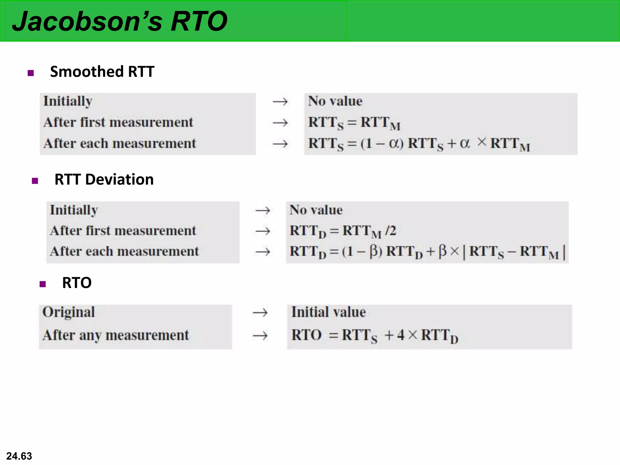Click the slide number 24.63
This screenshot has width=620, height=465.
click(x=19, y=456)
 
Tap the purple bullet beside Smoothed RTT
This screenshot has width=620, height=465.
click(x=31, y=73)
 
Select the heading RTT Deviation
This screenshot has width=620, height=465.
click(x=104, y=179)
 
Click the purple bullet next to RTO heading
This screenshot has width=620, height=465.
click(x=43, y=284)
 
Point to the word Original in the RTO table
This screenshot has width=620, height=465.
click(x=69, y=312)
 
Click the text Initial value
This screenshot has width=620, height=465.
click(x=328, y=312)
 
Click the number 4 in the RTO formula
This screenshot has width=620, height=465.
click(x=401, y=335)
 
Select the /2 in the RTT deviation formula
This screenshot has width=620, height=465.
click(x=391, y=231)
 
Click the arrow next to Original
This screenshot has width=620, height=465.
click(x=260, y=312)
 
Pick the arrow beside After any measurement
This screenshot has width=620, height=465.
click(x=260, y=335)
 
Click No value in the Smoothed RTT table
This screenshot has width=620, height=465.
click(x=335, y=101)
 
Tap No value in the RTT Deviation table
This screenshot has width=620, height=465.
click(x=316, y=210)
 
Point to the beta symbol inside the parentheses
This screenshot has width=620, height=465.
click(x=374, y=251)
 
